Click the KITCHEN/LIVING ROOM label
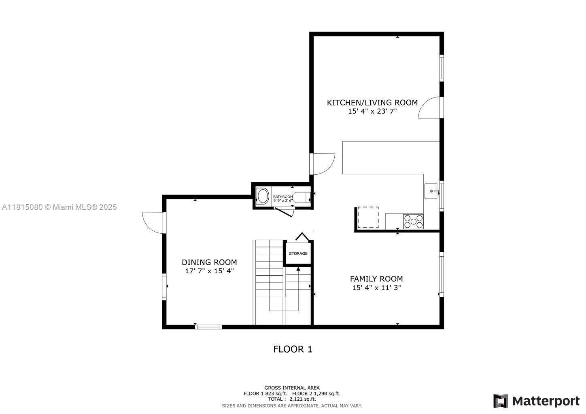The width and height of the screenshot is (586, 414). coord(372,103)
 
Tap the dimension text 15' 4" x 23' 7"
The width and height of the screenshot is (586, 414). coord(372,111)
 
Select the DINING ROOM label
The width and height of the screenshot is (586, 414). coord(209,262)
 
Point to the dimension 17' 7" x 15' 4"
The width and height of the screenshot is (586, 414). coord(209,271)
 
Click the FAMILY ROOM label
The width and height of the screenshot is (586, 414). coord(376,279)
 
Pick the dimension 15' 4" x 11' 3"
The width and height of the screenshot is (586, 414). coord(376,288)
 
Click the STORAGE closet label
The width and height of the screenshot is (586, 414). coord(298,253)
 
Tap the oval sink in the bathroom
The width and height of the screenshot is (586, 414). coord(263,196)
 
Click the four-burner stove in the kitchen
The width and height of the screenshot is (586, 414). coord(413,222)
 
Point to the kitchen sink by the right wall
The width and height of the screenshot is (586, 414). coord(431,191)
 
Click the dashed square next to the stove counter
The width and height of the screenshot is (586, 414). coord(368,217)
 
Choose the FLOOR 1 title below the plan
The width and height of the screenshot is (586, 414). coord(293,349)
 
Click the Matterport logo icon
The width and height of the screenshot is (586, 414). coord(501,401)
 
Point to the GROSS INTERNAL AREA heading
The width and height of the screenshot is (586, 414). coord(292,388)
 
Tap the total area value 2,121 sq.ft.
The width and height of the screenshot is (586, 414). coord(302,399)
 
